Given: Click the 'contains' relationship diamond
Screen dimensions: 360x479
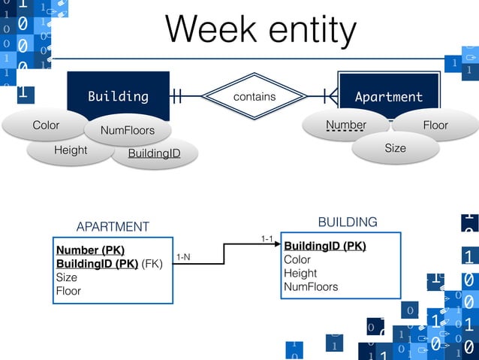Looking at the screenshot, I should point(255,96).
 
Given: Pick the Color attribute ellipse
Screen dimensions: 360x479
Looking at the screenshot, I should point(45,125).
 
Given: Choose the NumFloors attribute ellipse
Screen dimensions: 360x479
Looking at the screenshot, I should point(128,131).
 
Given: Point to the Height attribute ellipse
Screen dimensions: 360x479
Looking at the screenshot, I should point(71,150).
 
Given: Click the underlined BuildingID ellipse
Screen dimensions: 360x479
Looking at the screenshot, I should point(153,154).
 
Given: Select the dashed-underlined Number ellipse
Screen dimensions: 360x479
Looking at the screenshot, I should point(346,125).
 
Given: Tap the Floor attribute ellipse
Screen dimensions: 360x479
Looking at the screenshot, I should point(435,125).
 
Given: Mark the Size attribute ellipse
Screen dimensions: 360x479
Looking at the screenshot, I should point(395,148).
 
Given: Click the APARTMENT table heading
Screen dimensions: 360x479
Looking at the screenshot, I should point(113,227).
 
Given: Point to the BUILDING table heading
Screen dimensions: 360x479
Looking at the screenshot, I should point(348,222).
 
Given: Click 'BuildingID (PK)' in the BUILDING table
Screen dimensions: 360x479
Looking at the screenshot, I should point(325,246).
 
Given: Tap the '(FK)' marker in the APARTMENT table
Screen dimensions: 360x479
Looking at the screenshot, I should point(152,264).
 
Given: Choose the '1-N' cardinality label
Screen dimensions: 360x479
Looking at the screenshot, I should point(183,257).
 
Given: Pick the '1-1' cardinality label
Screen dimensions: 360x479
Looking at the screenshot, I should point(267,238).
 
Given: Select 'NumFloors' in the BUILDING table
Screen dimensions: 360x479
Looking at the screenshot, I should point(311,286).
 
